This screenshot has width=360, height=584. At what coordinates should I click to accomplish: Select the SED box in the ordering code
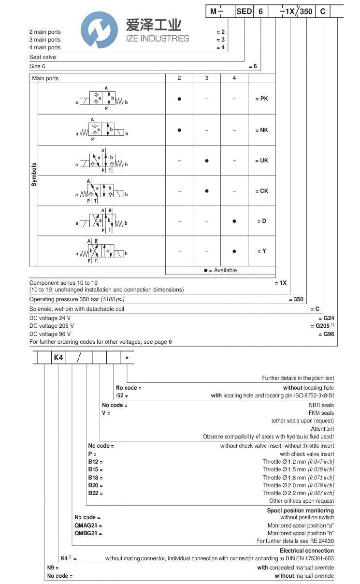(x=244, y=11)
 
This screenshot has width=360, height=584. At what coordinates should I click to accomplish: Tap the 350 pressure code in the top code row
(x=306, y=11)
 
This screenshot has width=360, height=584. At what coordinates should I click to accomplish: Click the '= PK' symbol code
(x=261, y=99)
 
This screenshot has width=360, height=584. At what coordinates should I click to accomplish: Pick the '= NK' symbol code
(x=261, y=130)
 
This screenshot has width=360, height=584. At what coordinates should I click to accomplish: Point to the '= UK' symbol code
(x=261, y=161)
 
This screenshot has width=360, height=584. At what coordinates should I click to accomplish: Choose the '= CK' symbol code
(x=261, y=191)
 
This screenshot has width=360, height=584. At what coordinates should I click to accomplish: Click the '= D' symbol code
(x=261, y=221)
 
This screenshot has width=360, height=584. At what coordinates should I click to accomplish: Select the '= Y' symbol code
(x=261, y=251)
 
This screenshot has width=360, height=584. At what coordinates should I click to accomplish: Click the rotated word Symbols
(x=34, y=175)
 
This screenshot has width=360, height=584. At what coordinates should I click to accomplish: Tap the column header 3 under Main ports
(x=206, y=78)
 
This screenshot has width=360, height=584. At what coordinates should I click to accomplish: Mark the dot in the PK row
(x=179, y=99)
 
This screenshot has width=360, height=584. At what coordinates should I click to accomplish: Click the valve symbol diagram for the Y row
(x=101, y=251)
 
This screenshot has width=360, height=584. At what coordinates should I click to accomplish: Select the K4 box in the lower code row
(x=58, y=358)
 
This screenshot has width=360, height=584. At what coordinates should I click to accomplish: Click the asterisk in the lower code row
(x=127, y=358)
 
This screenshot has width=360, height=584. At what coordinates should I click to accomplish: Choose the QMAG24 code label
(x=88, y=526)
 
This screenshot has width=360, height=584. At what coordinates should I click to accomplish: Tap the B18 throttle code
(x=95, y=477)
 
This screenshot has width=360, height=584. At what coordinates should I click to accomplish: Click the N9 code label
(x=52, y=568)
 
